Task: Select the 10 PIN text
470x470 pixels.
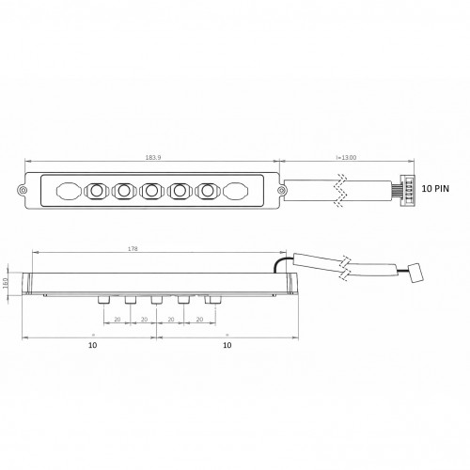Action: tap(437, 188)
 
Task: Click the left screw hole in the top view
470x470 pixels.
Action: tap(23, 191)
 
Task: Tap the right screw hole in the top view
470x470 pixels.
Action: tap(279, 191)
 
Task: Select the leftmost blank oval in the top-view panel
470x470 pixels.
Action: tap(68, 192)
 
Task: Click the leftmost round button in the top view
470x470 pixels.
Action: tap(96, 192)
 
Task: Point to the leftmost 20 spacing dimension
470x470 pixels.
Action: tap(117, 320)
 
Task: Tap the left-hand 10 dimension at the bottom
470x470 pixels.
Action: tap(92, 346)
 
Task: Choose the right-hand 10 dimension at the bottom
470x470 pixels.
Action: tap(225, 346)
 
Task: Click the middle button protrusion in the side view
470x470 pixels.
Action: tap(157, 300)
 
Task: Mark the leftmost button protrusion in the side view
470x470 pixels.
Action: tap(102, 300)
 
